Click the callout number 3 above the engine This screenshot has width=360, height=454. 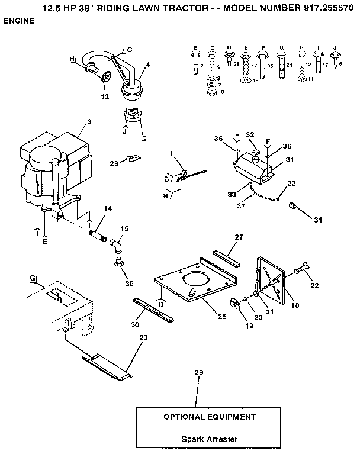(x=89, y=122)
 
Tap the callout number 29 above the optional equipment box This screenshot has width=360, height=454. (x=198, y=372)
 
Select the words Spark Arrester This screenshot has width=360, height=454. (x=210, y=439)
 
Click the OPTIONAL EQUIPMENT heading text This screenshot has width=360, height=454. (x=210, y=417)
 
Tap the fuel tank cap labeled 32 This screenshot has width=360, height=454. (x=256, y=155)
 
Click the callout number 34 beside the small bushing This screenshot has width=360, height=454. (x=318, y=220)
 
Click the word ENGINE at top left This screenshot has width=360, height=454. (x=19, y=21)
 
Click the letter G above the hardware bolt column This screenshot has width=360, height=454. (x=282, y=46)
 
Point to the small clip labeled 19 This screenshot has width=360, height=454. (x=236, y=303)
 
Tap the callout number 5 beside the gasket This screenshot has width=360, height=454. (x=143, y=139)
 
